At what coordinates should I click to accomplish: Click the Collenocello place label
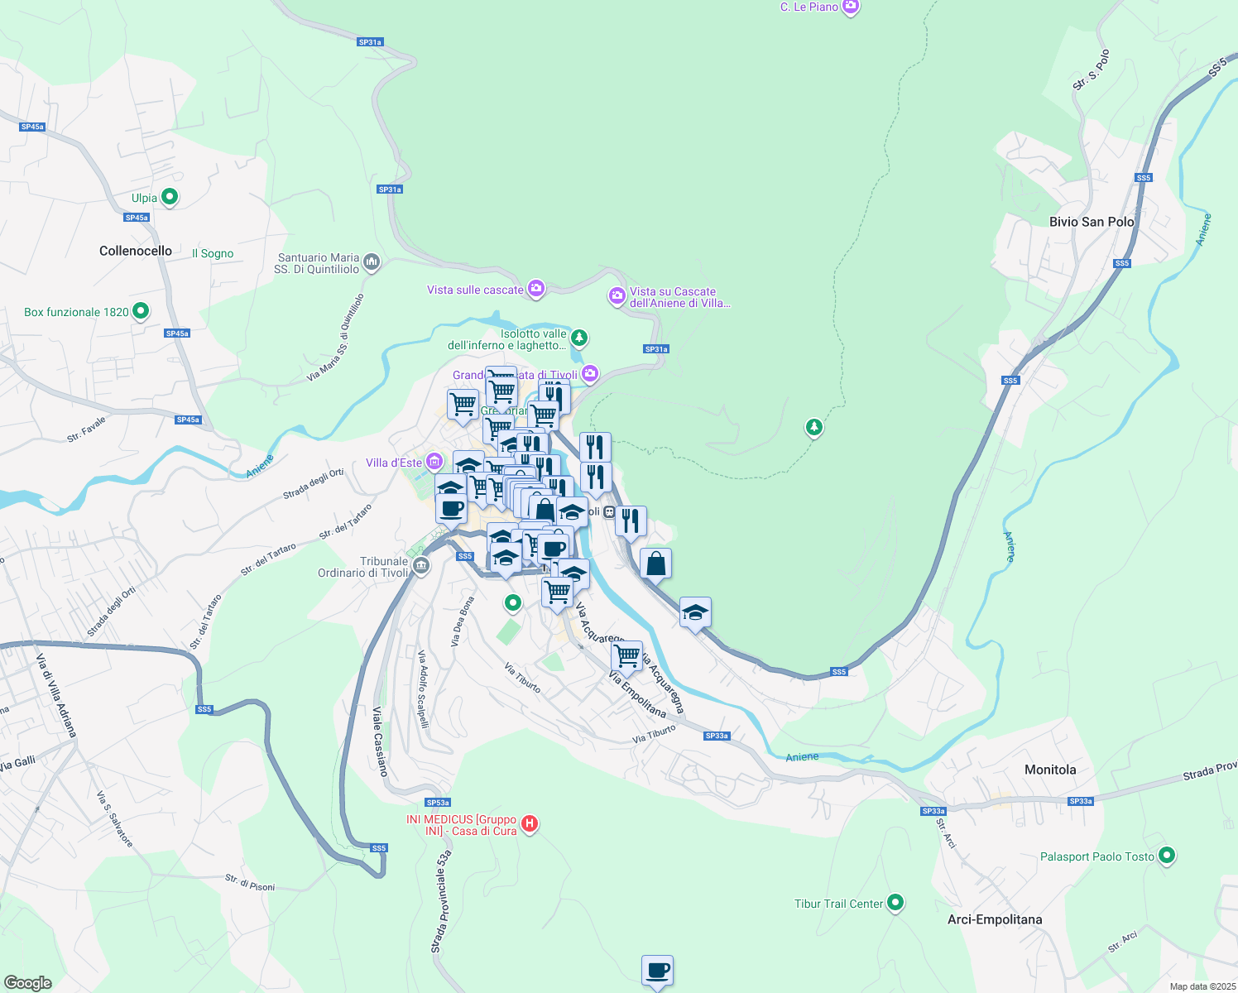(x=136, y=251)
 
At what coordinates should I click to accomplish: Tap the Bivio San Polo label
(x=1092, y=222)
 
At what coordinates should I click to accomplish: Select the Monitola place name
(x=1050, y=770)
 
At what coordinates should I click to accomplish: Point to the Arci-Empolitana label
(x=995, y=919)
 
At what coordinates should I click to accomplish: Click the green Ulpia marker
(x=170, y=197)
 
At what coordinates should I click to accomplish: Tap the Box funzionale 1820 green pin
(x=141, y=311)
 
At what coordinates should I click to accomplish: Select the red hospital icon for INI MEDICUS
(x=530, y=824)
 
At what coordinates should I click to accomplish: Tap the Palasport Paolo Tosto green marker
(x=1167, y=856)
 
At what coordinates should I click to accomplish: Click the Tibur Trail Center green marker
(x=895, y=903)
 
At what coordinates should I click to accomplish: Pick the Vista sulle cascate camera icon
(x=536, y=289)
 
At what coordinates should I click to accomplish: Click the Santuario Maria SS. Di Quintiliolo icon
(x=372, y=262)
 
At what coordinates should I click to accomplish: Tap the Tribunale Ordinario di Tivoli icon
(x=421, y=566)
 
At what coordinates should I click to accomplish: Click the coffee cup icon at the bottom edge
(x=657, y=970)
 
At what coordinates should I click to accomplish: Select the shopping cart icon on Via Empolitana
(x=626, y=655)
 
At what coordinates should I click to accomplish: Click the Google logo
(x=27, y=982)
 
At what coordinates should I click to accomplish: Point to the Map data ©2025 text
(x=1202, y=986)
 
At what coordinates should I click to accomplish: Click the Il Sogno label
(x=213, y=254)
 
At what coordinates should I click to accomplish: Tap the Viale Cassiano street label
(x=380, y=741)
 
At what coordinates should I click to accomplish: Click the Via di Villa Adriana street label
(x=56, y=695)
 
